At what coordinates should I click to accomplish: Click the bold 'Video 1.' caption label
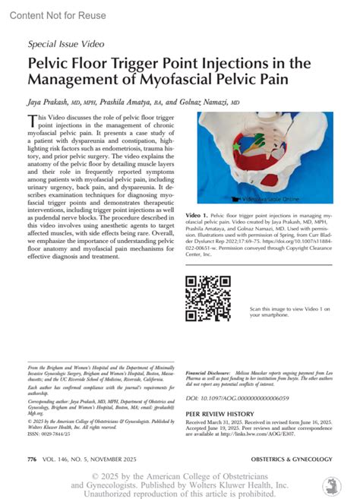click(x=197, y=216)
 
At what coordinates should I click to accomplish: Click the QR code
click(x=208, y=298)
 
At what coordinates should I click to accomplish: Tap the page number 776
click(x=32, y=460)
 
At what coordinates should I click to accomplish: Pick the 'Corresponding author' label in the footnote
click(x=49, y=398)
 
